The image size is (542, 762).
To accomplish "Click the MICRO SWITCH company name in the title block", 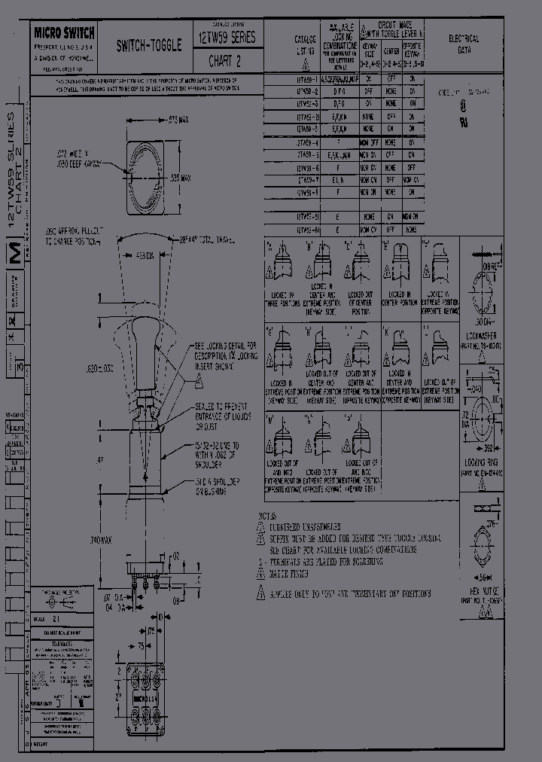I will pos(64,32).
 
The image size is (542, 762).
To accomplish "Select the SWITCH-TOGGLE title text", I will pos(148,46).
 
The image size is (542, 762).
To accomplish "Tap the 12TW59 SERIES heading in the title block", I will pos(227,36).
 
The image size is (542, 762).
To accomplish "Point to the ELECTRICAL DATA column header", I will pos(463,43).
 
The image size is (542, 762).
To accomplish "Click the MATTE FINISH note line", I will pos(294,573).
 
